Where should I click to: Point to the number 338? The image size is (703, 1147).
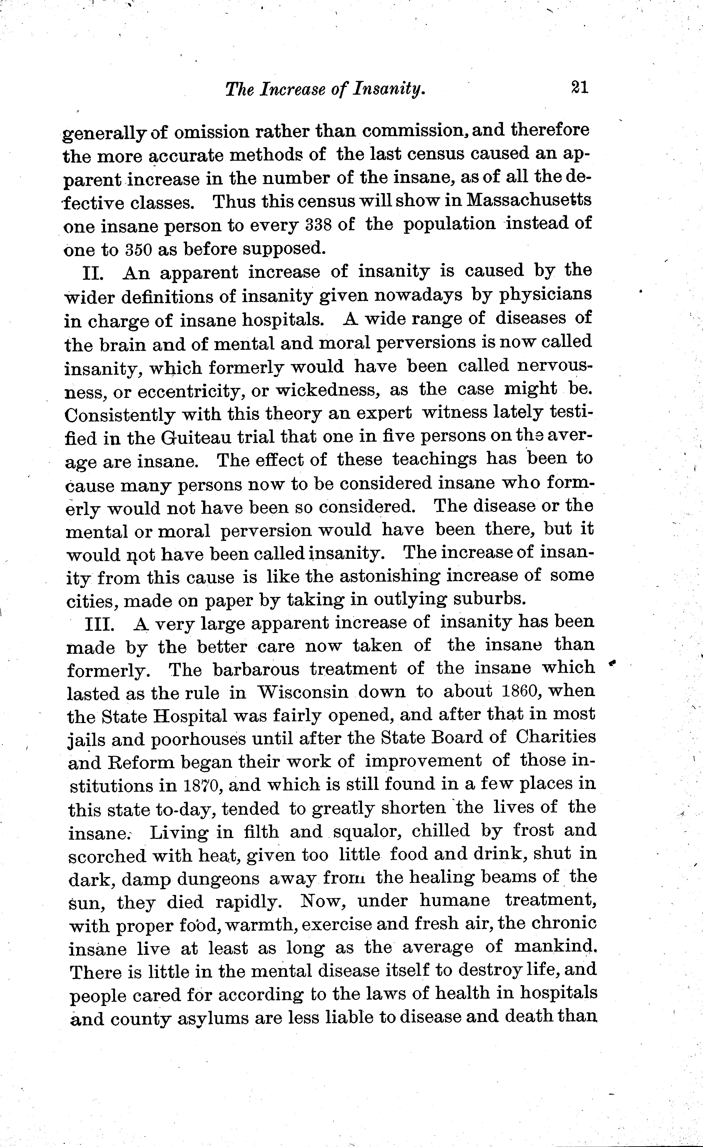coord(320,225)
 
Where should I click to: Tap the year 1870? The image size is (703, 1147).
coord(198,786)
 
